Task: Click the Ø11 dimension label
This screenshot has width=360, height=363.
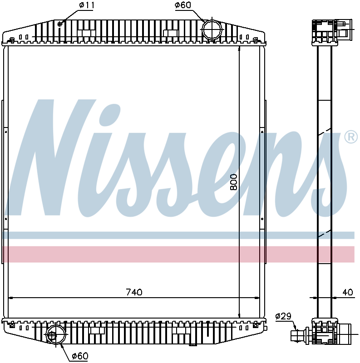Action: (x=86, y=5)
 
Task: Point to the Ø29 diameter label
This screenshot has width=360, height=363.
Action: (x=283, y=316)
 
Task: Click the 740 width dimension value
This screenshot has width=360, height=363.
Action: (x=134, y=292)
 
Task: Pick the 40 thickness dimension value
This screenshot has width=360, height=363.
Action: (x=348, y=293)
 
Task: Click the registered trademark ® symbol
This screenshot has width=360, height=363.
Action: (x=351, y=137)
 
